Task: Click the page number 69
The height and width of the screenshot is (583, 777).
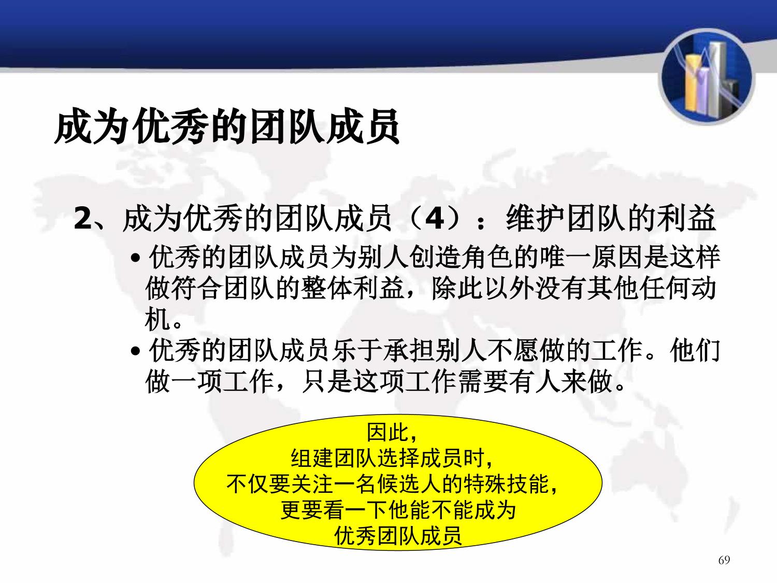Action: [x=724, y=560]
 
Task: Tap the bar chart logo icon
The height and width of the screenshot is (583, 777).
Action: [x=707, y=77]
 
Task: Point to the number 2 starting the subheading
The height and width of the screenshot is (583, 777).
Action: [x=83, y=218]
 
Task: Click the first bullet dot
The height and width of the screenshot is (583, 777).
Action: [x=135, y=258]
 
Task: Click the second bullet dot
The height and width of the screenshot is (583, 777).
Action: [x=135, y=351]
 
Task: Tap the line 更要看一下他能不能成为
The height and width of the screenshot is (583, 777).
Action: [x=398, y=510]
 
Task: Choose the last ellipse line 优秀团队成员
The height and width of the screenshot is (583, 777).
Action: [x=398, y=536]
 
